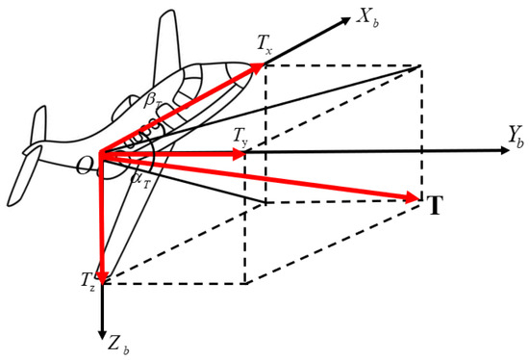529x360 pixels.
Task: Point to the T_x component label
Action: [266, 44]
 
